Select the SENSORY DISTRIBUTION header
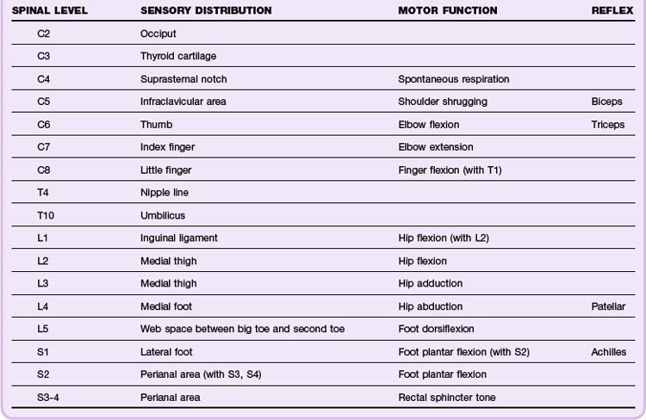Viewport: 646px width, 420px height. [206, 10]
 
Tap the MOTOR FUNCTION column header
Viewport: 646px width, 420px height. [447, 10]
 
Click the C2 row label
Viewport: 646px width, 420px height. [44, 34]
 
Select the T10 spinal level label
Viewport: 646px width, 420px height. [45, 215]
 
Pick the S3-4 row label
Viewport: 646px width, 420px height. [48, 397]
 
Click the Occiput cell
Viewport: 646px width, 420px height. [158, 34]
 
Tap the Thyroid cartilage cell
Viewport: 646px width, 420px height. [178, 56]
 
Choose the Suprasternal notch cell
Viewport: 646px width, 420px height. [183, 79]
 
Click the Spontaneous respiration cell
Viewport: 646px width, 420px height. [453, 79]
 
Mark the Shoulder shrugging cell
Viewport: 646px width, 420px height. [442, 102]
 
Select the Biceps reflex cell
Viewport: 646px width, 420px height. [606, 102]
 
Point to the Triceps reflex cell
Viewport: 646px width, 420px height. [608, 125]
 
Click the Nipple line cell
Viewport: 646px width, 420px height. [164, 193]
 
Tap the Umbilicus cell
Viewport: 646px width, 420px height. [162, 215]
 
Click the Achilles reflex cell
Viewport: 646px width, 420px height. [608, 352]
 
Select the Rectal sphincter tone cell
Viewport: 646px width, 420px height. [446, 397]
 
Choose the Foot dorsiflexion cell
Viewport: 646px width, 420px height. [436, 329]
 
